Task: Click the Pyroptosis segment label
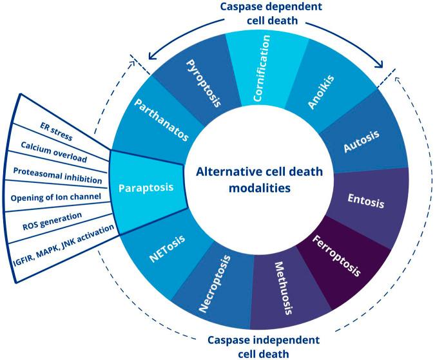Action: [204, 83]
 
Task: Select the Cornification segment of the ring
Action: [266, 70]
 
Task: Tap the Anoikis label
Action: [322, 91]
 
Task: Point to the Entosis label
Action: [366, 201]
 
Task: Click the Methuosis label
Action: [284, 289]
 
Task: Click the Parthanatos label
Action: [162, 120]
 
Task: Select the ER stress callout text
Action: [56, 131]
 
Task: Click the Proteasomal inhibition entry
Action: [58, 176]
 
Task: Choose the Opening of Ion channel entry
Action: [56, 198]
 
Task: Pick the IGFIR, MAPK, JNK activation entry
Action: [64, 245]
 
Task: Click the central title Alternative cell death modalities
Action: [260, 180]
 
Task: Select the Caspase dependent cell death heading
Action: [271, 14]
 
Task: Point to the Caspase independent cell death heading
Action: [264, 346]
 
